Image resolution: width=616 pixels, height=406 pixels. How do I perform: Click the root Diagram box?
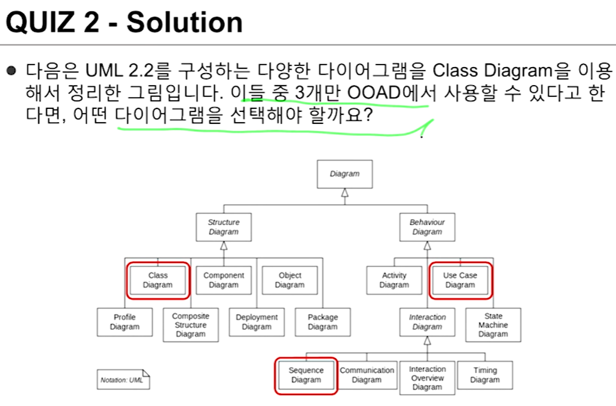pos(344,174)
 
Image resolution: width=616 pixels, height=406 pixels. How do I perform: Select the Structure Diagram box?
pos(224,227)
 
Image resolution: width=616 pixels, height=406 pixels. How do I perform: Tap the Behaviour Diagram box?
pos(427,227)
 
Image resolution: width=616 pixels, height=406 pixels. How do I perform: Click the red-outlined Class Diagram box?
pos(158,280)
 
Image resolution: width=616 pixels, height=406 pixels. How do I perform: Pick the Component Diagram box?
pos(224,280)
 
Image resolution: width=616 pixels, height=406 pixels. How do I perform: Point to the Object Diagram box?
pos(290,280)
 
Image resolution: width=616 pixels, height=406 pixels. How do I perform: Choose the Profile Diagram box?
pos(124,322)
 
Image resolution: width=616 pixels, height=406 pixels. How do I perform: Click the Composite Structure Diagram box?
pos(191,325)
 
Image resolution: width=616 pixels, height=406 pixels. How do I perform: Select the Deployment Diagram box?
pos(257,322)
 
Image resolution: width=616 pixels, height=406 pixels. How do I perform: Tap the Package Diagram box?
pos(323,322)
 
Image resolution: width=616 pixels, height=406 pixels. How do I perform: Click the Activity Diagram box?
pos(394,280)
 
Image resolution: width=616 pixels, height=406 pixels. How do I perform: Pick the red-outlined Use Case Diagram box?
pos(460,280)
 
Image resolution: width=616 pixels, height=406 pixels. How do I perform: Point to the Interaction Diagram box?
pos(427,322)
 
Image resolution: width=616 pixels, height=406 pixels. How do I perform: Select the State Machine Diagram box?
pos(493,325)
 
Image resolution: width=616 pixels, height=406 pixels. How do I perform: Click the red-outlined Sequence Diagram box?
pos(306,375)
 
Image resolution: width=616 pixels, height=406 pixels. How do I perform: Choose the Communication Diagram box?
pos(367,375)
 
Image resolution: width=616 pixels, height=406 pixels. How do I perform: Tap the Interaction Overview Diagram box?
pos(427,378)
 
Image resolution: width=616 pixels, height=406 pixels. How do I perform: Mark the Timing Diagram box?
pos(485,375)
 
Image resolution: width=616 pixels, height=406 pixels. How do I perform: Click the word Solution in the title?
pos(185,23)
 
